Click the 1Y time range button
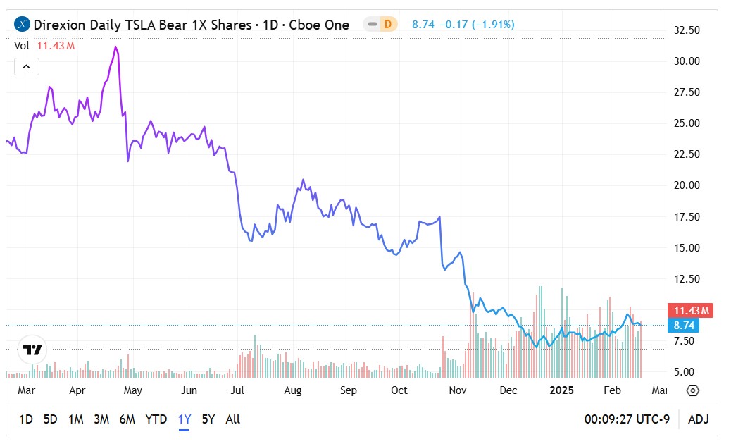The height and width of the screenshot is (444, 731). point(185,419)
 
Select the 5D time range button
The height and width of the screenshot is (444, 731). point(50,419)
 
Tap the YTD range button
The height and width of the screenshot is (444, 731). point(156,419)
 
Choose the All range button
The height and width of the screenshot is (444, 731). point(233,419)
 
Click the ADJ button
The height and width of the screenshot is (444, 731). point(698,419)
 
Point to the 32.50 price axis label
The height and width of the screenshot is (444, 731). point(687,30)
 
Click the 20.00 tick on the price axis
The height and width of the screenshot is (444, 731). point(687,185)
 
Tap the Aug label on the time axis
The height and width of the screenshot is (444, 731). point(293,390)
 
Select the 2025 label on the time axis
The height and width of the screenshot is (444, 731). point(562,390)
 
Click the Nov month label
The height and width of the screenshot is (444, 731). point(458,390)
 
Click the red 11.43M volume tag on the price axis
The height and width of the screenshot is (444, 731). point(693,311)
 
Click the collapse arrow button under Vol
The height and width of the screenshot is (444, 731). point(26,67)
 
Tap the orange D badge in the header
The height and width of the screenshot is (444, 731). point(387,25)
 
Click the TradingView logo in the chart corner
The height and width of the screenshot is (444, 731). point(32,350)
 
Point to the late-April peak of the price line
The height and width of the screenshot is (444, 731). point(115,47)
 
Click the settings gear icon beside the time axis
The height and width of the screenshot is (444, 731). point(692,390)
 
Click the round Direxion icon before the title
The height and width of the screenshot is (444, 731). point(23,25)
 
